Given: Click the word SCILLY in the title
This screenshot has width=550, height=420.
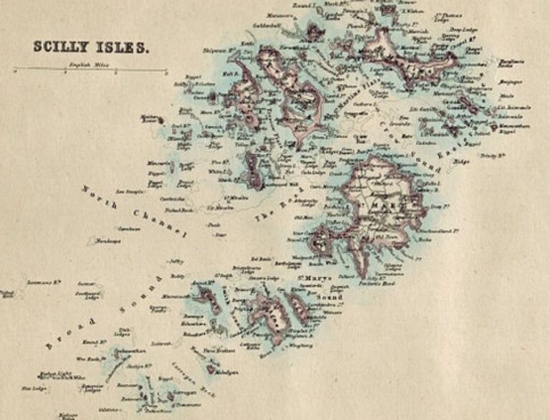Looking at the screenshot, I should pos(60,47).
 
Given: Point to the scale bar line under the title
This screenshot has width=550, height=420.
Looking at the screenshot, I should pos(90,70).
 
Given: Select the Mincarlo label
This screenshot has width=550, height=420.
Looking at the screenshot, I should pos(160,163).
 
